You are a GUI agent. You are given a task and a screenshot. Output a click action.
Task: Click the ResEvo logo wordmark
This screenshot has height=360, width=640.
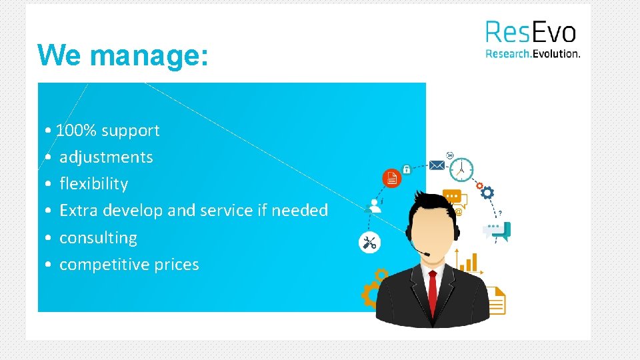(530, 32)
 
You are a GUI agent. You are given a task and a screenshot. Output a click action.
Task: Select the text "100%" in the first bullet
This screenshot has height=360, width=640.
(77, 131)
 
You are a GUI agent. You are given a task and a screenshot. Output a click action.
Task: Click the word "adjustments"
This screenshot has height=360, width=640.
(106, 157)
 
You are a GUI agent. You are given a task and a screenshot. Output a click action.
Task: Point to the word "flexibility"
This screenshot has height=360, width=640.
(93, 183)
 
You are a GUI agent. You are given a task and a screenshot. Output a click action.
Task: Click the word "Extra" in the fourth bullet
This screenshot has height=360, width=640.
(78, 211)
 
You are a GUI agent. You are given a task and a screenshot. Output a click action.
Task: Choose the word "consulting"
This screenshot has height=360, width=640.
(98, 238)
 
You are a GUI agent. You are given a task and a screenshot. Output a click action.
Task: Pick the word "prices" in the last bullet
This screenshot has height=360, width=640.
(177, 265)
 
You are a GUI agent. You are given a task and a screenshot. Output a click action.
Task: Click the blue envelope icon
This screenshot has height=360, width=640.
(437, 165)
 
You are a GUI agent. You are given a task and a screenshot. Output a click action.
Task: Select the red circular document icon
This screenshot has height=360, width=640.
(391, 178)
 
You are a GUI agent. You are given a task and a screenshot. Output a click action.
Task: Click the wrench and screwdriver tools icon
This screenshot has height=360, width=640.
(369, 243)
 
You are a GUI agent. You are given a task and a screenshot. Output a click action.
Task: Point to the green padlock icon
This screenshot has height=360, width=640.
(407, 170)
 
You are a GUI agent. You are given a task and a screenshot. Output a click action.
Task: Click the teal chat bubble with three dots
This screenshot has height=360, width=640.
(497, 230)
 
